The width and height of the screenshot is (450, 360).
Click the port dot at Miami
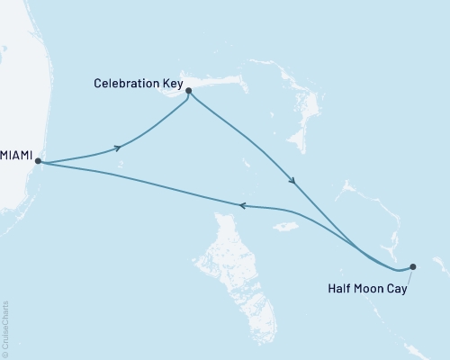click(x=38, y=163)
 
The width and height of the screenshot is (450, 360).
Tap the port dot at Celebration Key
click(x=188, y=91)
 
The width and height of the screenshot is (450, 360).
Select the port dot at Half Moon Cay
click(x=413, y=266)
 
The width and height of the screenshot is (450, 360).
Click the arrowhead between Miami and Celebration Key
click(x=117, y=148)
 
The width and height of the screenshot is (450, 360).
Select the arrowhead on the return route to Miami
click(x=241, y=205)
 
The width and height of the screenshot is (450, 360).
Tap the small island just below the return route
click(x=286, y=226)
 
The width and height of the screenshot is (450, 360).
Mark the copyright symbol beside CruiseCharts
click(x=5, y=355)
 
